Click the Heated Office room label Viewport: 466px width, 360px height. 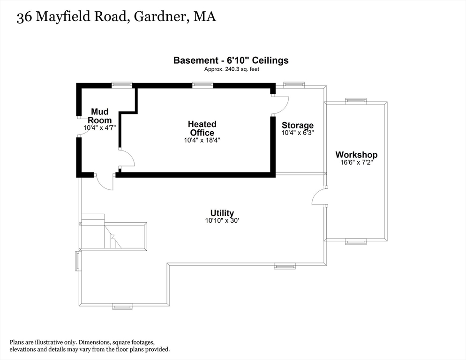[202, 128]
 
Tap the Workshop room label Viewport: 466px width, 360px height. [356, 155]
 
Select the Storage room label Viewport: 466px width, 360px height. [297, 126]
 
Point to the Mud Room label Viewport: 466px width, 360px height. [99, 116]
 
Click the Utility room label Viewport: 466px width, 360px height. [222, 213]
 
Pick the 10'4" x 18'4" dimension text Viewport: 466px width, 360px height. [202, 140]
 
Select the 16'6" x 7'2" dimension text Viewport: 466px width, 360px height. [356, 163]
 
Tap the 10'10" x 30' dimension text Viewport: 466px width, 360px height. [222, 221]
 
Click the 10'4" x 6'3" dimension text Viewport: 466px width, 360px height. [297, 133]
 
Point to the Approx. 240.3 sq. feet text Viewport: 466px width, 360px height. [231, 69]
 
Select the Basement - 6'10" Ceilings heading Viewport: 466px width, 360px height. [231, 60]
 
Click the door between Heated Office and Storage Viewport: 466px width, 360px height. [280, 104]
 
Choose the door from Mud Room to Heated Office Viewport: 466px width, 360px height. [127, 158]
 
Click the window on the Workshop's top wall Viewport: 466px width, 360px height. [356, 100]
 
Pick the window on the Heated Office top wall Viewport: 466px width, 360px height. [203, 85]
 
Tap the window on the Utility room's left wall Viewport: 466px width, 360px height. [78, 261]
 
